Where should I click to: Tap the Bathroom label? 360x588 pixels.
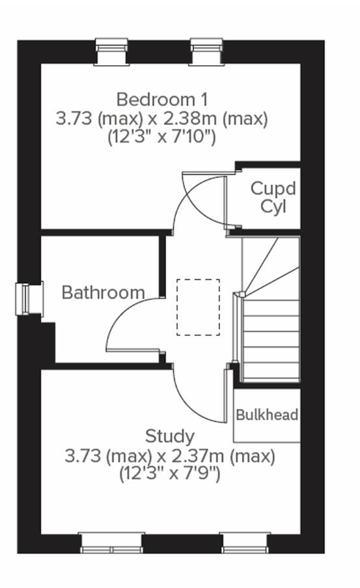pos(103,292)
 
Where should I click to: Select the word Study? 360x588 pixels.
pos(169,436)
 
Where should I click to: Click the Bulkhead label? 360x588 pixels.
pos(267,415)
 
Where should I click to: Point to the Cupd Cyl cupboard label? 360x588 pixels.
pos(273,198)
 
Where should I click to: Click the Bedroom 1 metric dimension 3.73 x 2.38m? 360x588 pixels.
pos(161,119)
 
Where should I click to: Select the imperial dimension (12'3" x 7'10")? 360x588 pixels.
pos(161,138)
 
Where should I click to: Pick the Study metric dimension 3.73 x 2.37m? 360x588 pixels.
pos(169,456)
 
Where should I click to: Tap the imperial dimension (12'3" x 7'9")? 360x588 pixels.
pos(169,474)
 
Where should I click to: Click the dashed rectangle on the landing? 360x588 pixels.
pos(198,307)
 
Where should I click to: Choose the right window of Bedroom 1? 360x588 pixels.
pos(207,51)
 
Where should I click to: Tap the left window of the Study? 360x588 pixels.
pos(111,542)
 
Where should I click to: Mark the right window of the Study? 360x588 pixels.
pos(244,542)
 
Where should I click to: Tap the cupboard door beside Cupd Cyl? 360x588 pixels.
pos(226,199)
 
